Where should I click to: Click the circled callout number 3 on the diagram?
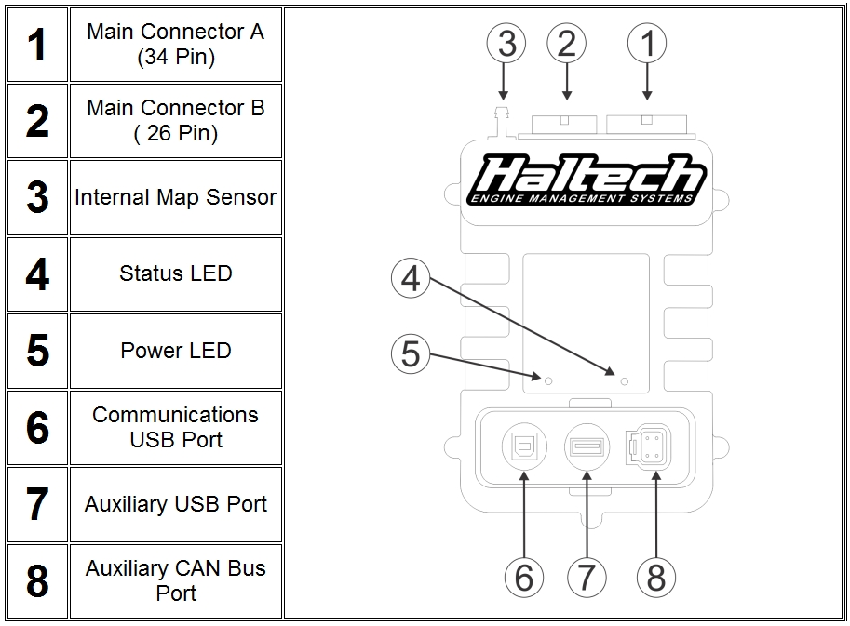click(x=506, y=44)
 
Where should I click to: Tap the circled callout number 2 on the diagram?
click(x=567, y=44)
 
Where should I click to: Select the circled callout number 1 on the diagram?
click(x=648, y=44)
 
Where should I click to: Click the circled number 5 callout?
click(x=411, y=353)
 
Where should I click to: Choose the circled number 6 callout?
click(x=524, y=577)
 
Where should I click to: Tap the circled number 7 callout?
click(x=587, y=577)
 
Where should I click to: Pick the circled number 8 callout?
click(x=656, y=577)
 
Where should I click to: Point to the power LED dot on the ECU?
click(x=548, y=380)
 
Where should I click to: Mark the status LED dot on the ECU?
click(x=624, y=380)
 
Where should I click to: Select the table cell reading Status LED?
click(x=175, y=274)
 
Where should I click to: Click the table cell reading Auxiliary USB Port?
click(x=175, y=504)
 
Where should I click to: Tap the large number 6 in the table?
click(x=37, y=428)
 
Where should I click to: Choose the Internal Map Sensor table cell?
click(x=175, y=197)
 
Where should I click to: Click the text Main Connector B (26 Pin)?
click(x=175, y=121)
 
